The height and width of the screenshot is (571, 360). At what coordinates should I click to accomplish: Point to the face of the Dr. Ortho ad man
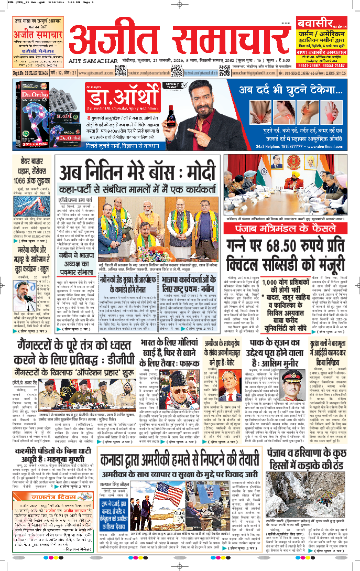pyautogui.click(x=205, y=94)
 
